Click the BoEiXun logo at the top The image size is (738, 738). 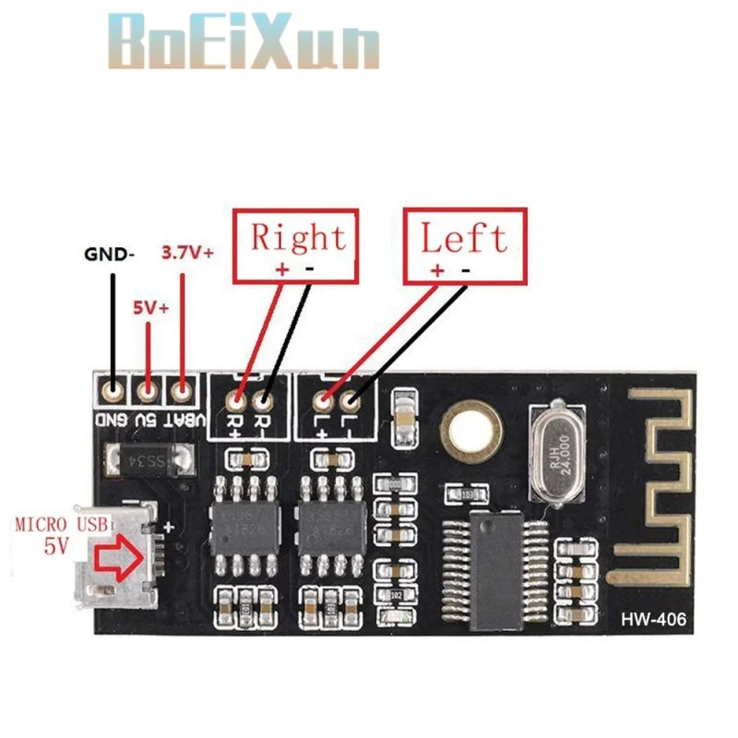[242, 42]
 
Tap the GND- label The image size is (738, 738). [109, 252]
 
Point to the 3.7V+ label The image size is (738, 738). [187, 251]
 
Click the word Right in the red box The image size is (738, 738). [299, 237]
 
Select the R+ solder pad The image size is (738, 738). [237, 401]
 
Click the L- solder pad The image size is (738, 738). [351, 401]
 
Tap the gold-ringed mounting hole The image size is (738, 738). [471, 428]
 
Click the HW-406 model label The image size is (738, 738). [654, 619]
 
